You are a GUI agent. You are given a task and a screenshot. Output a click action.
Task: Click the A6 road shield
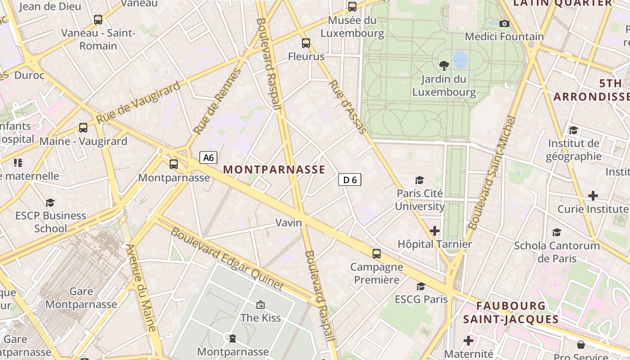pyautogui.click(x=208, y=157)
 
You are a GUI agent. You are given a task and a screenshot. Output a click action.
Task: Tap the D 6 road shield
pyautogui.click(x=350, y=180)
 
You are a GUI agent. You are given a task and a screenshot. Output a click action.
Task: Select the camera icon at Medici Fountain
pyautogui.click(x=504, y=23)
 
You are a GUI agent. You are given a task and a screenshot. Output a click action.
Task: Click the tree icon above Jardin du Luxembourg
pyautogui.click(x=444, y=66)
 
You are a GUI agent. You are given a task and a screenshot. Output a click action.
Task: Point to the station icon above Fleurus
pyautogui.click(x=306, y=43)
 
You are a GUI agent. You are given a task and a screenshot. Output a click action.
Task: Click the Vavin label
pyautogui.click(x=288, y=223)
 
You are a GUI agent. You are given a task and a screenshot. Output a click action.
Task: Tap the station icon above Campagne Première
pyautogui.click(x=377, y=254)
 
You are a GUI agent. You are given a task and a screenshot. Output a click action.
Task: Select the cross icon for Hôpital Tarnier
pyautogui.click(x=434, y=231)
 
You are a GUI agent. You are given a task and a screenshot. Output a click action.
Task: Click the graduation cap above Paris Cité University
pyautogui.click(x=419, y=180)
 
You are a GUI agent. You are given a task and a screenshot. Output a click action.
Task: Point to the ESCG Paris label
pyautogui.click(x=421, y=299)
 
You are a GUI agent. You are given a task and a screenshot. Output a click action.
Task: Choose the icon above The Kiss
pyautogui.click(x=260, y=305)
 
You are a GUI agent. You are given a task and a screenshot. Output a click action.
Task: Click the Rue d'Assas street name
pyautogui.click(x=347, y=107)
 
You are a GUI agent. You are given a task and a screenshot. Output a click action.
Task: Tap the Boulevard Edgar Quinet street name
pyautogui.click(x=227, y=259)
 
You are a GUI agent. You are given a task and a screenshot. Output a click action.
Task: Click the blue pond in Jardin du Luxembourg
pyautogui.click(x=460, y=59)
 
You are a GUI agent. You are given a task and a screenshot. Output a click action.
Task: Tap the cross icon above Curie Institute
pyautogui.click(x=593, y=196)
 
